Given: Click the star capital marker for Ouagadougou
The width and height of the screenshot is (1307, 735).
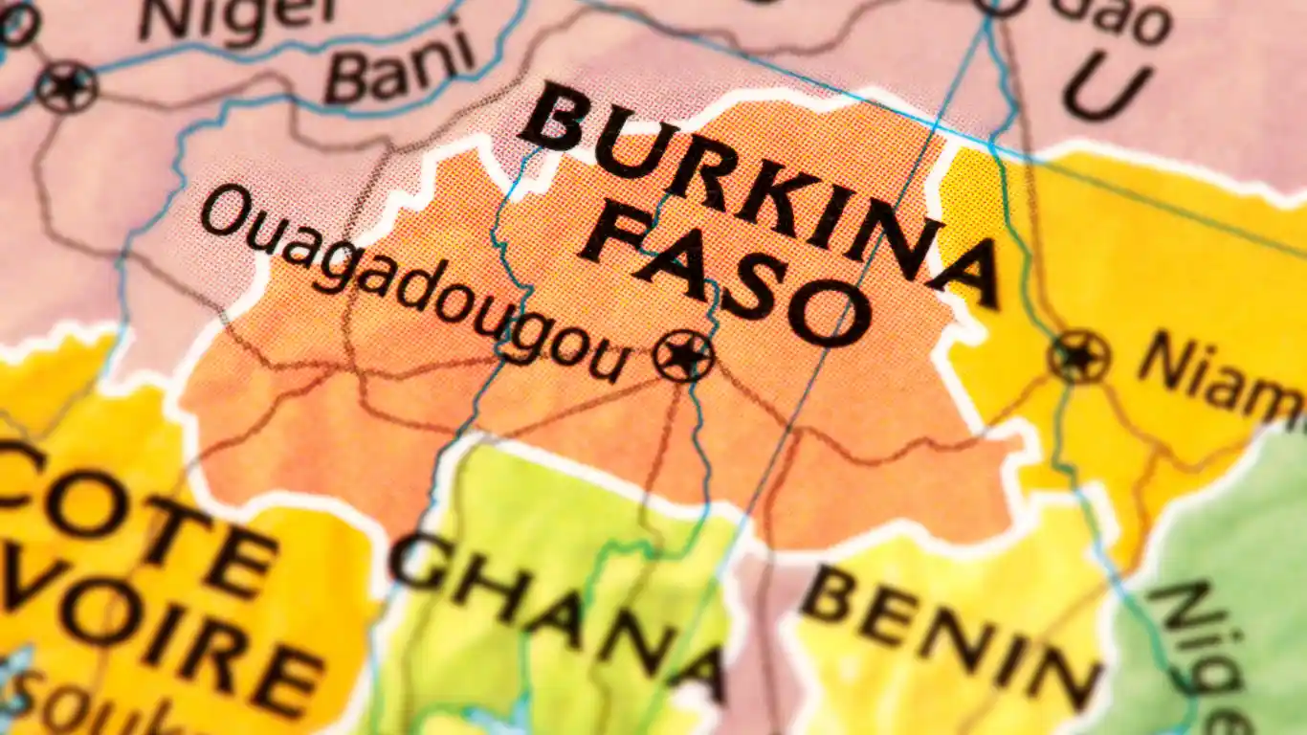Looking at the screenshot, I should click(683, 356).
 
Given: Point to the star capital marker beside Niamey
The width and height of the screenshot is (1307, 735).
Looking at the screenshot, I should click(1079, 357).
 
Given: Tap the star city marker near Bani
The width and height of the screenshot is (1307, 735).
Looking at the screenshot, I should click(67, 87).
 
